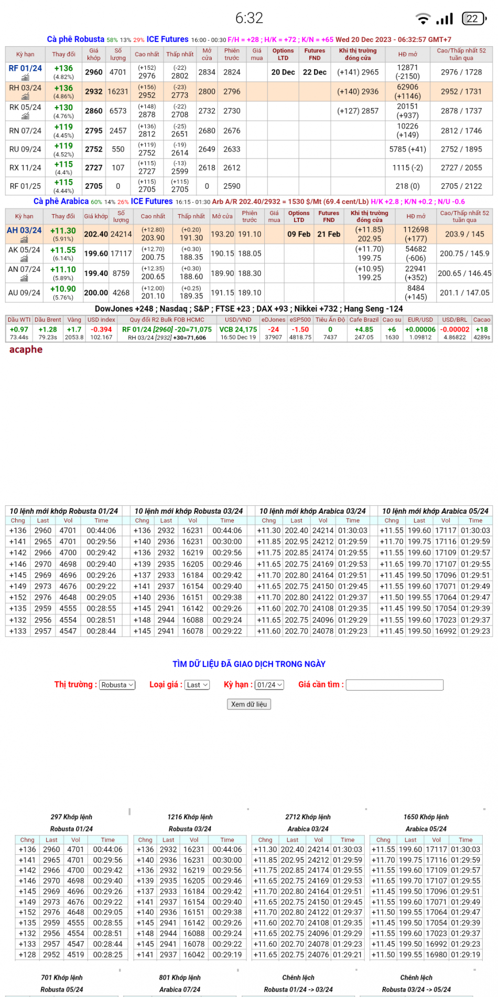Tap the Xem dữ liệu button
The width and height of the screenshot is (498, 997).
(249, 704)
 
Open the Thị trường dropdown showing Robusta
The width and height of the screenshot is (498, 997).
(117, 685)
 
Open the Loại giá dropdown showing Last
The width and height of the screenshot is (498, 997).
(197, 685)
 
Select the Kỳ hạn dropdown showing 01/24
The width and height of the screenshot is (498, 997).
(269, 685)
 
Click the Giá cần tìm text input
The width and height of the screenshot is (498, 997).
(395, 685)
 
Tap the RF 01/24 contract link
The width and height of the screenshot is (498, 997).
(25, 68)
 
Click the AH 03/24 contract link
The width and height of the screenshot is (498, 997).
(24, 230)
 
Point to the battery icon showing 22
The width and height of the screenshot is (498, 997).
(473, 19)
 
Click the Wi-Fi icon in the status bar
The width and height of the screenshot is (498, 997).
(423, 19)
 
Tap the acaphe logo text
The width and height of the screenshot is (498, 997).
(26, 349)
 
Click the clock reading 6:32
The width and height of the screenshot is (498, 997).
(249, 18)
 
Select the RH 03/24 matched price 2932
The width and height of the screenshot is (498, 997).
(94, 91)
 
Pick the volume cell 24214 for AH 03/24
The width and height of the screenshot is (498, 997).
(121, 234)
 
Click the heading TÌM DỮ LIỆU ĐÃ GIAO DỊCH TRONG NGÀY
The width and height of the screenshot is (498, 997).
(249, 664)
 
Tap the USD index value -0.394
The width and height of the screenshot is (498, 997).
(101, 330)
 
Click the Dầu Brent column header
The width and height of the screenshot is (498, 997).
(48, 320)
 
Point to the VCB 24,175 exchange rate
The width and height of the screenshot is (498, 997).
(238, 330)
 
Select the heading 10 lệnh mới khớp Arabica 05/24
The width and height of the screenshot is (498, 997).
(435, 511)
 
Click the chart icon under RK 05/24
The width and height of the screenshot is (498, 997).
(25, 116)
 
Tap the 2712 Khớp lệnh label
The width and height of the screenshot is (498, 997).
(308, 817)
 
